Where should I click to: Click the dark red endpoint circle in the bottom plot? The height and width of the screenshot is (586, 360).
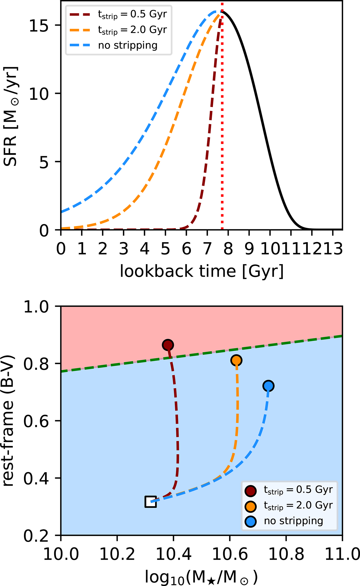point(168,345)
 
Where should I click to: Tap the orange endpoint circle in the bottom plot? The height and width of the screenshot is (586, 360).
point(236,360)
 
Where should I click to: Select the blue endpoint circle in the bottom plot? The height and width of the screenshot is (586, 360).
point(268,386)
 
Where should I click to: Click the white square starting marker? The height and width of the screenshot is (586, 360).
point(151,501)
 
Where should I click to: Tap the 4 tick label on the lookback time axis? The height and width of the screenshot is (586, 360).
point(145,249)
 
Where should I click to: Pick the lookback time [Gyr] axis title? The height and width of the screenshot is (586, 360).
point(202,272)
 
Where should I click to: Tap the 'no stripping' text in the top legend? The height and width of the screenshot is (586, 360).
point(128,45)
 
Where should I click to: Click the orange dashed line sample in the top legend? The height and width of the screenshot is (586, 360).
point(79,30)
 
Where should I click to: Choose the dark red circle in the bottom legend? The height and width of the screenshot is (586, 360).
point(251,490)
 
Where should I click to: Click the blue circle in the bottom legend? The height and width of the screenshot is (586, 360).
point(251,522)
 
